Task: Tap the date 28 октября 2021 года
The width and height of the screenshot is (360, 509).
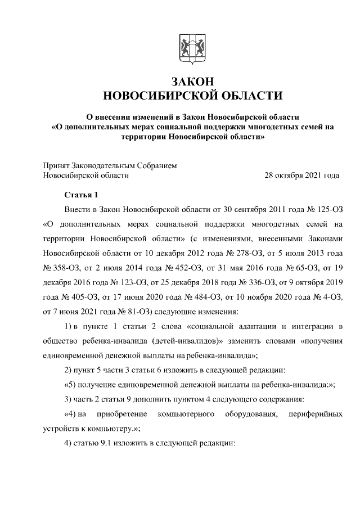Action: [x=302, y=175]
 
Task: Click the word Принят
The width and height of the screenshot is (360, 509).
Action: [x=58, y=165]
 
